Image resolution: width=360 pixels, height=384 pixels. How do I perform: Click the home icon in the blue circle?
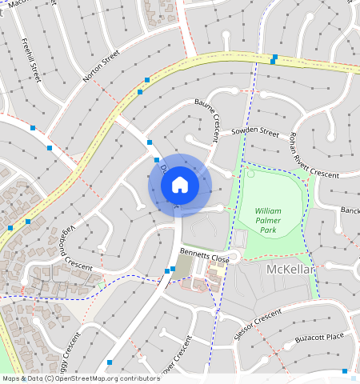[180, 186]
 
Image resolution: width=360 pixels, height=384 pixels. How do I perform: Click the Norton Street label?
[101, 66]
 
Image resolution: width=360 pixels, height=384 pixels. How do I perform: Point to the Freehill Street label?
[31, 60]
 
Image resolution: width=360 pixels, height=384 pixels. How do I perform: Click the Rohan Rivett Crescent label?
[314, 154]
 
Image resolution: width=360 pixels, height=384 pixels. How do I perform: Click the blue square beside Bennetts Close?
[173, 269]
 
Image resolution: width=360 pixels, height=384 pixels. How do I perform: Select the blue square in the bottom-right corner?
[345, 372]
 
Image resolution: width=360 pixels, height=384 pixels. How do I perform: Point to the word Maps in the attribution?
[11, 378]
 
